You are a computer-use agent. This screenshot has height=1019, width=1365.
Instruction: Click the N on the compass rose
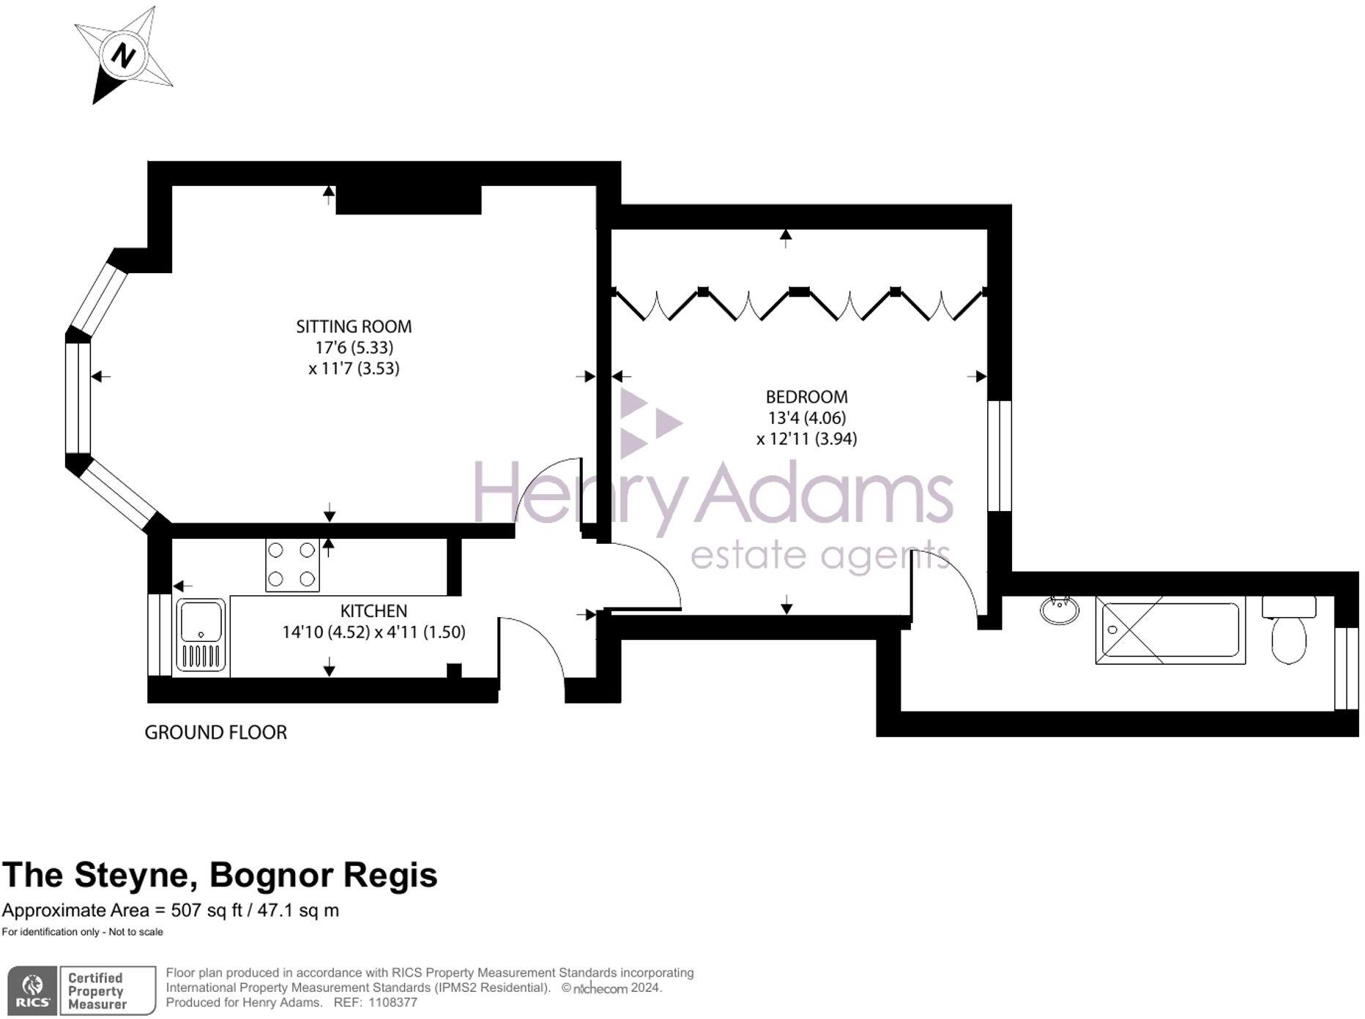tap(124, 56)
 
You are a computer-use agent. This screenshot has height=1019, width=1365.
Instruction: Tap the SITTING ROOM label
tap(354, 326)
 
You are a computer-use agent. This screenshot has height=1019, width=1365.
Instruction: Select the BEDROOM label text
tap(806, 397)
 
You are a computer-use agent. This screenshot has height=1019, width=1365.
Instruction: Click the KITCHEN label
tap(373, 611)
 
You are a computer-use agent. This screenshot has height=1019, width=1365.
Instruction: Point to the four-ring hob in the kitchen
tap(292, 565)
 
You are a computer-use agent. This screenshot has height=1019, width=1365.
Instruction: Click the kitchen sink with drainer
tap(201, 635)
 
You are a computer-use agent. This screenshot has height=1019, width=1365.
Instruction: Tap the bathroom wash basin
tap(1059, 611)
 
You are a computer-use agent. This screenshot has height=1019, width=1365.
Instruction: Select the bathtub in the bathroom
tap(1169, 630)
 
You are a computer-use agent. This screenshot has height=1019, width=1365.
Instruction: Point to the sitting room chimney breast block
tap(408, 200)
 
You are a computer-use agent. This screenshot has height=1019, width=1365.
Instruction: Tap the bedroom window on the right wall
tap(999, 455)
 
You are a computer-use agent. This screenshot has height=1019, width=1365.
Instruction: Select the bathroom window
tap(1346, 668)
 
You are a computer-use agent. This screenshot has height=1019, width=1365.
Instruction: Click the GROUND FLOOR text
tap(215, 732)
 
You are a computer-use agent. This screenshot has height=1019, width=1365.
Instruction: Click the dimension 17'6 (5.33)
tap(354, 348)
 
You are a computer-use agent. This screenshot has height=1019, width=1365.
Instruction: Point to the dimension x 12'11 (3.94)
tap(806, 438)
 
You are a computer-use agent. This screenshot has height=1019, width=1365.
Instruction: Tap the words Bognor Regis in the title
tap(323, 875)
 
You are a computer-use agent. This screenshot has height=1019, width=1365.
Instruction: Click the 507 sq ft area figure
tap(206, 911)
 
